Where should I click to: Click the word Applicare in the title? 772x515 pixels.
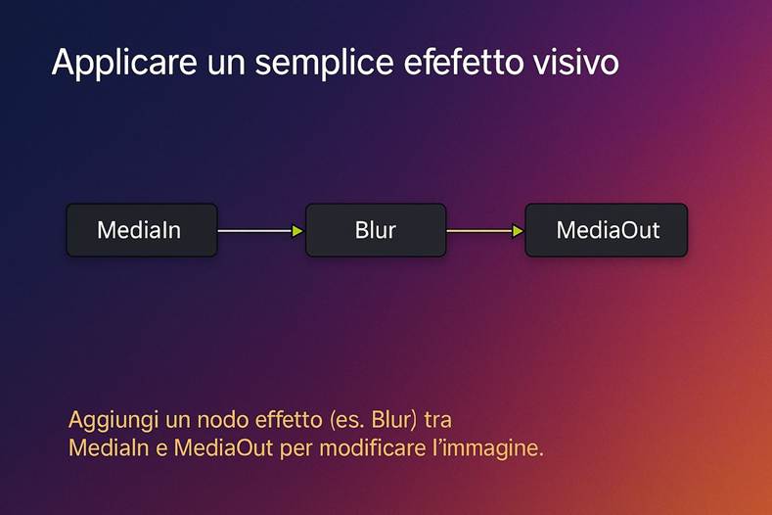coord(110,64)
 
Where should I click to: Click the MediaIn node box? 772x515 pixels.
coord(141,231)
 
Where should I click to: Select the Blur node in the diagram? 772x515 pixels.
coord(376,231)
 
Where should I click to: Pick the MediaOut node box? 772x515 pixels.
coord(607,231)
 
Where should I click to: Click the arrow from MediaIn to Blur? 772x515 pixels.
coord(256,231)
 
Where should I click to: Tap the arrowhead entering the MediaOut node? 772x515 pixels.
coord(519,231)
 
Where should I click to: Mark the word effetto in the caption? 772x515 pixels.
coord(284,420)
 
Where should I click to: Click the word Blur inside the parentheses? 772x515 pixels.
coord(386,420)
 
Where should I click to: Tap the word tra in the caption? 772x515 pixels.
coord(440,420)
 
